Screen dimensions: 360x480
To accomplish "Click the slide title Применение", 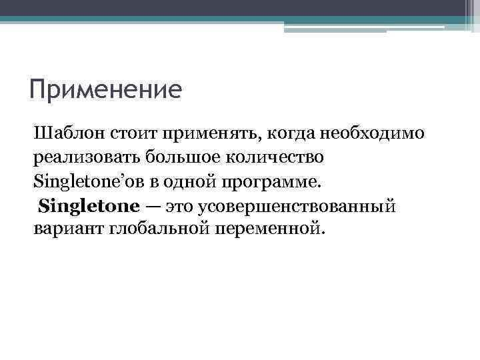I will tap(105, 89).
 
